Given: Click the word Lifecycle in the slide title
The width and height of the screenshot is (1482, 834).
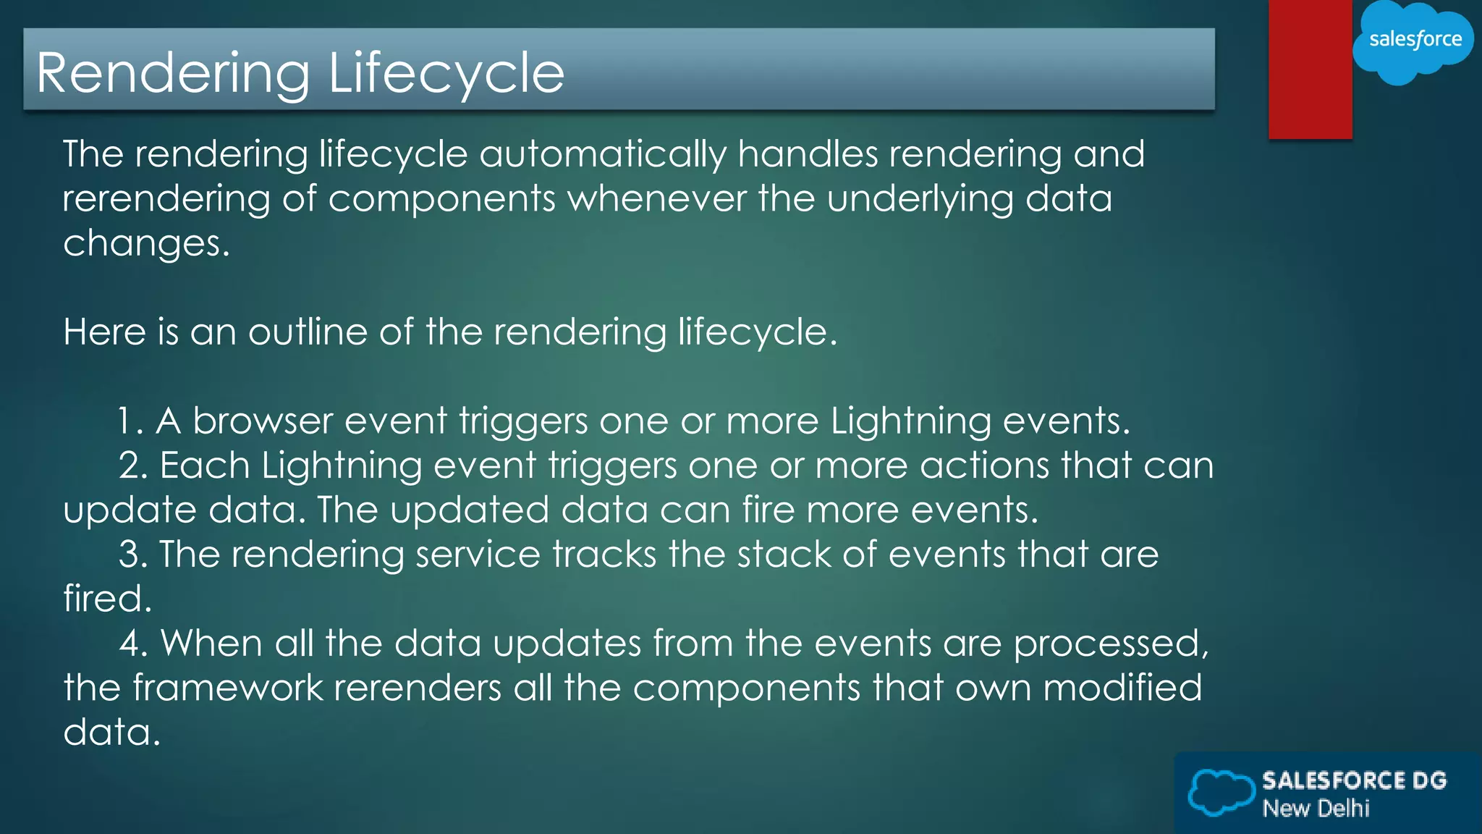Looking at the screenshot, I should pos(446,73).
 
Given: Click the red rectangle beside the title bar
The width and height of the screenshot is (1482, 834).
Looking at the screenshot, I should pos(1310,69).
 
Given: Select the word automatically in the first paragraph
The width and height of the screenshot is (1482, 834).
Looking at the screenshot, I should pos(602,155).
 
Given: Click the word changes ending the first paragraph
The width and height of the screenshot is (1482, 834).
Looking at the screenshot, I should pos(145,244).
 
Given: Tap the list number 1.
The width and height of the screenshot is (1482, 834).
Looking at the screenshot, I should pos(129,421).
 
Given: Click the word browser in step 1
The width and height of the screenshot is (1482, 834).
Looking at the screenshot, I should pos(262,421).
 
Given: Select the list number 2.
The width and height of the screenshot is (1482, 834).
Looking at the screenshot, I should pos(132,466).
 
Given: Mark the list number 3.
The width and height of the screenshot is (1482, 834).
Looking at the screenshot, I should pos(132,555).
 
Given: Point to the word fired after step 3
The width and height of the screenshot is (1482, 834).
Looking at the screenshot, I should pos(106,599).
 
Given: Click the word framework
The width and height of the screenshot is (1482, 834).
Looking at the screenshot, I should pos(227,688).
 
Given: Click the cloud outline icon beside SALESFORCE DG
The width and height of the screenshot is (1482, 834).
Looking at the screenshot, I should pos(1221,792).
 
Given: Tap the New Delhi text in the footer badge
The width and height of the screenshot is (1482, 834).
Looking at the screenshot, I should pos(1316,808).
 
